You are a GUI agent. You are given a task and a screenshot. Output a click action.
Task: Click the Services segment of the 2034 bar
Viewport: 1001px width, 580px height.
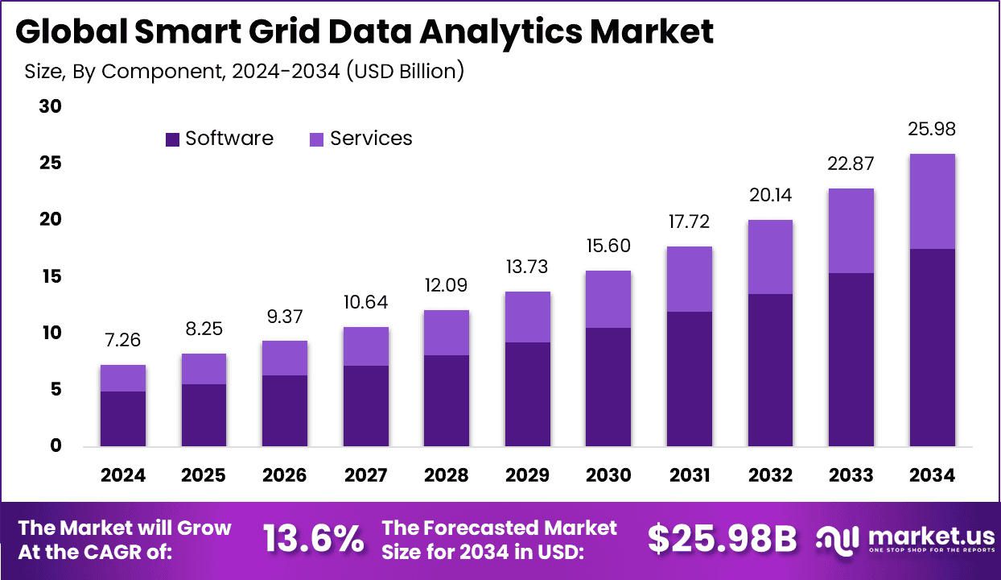[x=932, y=201]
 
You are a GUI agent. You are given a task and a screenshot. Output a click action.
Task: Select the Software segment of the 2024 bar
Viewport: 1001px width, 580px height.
[x=123, y=419]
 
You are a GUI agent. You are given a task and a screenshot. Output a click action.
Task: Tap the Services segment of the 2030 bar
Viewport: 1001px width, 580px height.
[x=608, y=299]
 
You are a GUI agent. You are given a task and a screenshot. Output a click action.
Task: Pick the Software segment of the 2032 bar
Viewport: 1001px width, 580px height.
[x=770, y=370]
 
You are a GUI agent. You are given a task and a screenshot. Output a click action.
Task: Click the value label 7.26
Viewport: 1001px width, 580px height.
[x=123, y=340]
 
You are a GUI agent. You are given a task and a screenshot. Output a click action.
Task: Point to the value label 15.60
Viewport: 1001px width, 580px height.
[x=608, y=246]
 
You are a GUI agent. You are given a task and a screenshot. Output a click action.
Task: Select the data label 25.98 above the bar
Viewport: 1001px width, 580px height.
[x=932, y=129]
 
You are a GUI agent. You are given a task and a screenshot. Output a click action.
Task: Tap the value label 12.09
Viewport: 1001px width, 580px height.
[x=447, y=285]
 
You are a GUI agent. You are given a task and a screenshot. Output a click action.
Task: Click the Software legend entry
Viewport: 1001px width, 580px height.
[x=219, y=139]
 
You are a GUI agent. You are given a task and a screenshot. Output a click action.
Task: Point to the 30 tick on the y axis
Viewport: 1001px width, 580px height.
[x=50, y=106]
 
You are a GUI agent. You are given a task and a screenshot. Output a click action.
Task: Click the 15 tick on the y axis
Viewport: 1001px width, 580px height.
[x=50, y=276]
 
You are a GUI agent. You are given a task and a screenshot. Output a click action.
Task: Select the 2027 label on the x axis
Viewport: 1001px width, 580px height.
[x=366, y=475]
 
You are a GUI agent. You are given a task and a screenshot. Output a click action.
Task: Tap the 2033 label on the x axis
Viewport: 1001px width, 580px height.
[x=851, y=475]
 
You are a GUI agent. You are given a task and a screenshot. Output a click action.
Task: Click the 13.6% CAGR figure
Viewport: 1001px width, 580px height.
[x=314, y=539]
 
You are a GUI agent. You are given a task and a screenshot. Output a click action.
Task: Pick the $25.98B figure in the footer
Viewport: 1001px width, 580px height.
[x=722, y=539]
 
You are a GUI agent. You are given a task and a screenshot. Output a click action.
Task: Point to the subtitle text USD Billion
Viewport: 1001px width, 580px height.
[x=406, y=71]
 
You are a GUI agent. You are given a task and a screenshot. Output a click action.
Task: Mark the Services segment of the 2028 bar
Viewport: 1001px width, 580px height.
[x=447, y=333]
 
